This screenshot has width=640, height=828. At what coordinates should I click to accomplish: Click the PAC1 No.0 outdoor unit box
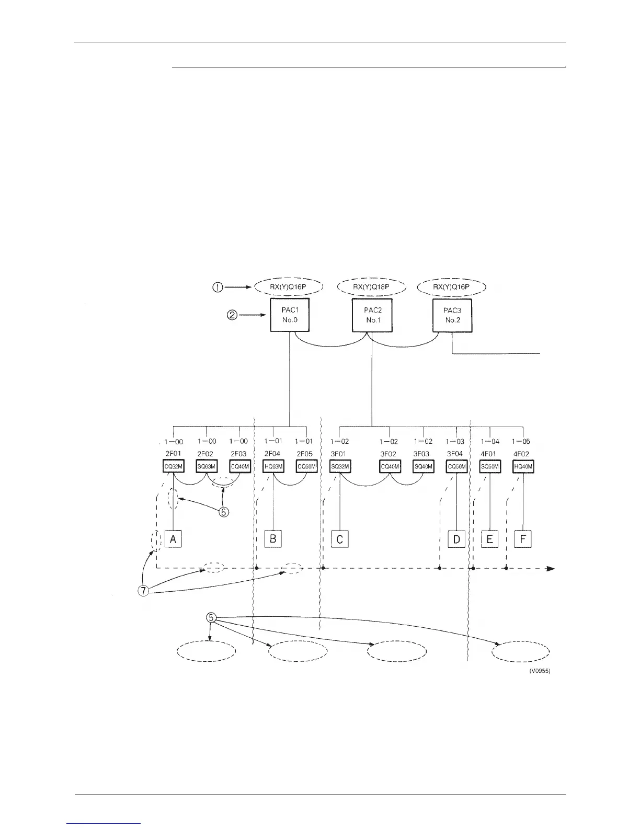coord(290,315)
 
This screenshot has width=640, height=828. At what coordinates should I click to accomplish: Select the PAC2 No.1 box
coord(372,315)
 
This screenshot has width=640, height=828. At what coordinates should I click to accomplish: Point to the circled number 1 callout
coord(218,287)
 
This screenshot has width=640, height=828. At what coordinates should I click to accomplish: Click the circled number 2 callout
coord(232,315)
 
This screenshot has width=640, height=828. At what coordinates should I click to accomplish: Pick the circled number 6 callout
coord(223,512)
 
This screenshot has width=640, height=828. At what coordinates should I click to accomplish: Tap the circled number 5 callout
coord(211,617)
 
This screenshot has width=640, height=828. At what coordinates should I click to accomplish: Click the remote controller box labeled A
coord(173,538)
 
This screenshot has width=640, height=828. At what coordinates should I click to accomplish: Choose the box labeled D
coord(456,538)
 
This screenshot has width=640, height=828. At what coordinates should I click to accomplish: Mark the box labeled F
coord(523,538)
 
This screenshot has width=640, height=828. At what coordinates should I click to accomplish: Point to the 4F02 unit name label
coord(522,454)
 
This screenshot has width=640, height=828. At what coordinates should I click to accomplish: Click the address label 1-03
coord(455,442)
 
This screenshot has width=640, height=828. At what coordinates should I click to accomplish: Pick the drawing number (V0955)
coord(539,671)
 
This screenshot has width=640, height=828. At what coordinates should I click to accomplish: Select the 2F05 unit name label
coord(305,454)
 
